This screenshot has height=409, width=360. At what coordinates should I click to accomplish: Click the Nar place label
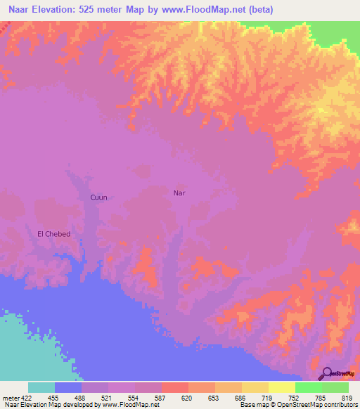click(x=179, y=192)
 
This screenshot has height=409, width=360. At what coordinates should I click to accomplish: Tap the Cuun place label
click(x=98, y=197)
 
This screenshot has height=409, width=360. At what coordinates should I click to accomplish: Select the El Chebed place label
click(x=53, y=233)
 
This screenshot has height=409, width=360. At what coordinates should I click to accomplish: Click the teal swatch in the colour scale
click(x=41, y=387)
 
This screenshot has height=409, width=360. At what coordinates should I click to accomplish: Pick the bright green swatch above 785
click(x=308, y=387)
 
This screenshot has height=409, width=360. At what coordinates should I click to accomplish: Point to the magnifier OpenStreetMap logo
click(x=326, y=374)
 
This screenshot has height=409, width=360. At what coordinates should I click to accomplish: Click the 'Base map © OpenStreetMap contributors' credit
click(x=297, y=405)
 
